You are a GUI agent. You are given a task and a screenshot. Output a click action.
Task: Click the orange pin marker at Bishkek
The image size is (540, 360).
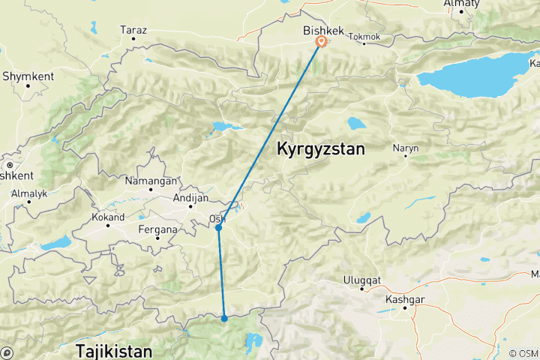point(321,42)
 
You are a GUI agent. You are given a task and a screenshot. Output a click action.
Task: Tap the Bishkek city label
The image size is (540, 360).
point(322,30)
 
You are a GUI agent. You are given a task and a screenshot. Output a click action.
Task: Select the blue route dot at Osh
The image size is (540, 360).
point(218,228)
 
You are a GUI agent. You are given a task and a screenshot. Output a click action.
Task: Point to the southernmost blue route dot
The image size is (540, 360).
point(224,319)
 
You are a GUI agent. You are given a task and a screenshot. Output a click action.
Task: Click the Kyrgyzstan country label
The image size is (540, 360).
point(321,149)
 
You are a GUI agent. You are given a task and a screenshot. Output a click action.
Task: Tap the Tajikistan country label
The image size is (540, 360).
point(113,350)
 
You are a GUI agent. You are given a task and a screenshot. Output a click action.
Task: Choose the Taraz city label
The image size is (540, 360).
point(133,31)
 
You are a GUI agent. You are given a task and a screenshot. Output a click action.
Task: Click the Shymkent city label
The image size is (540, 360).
point(27,76)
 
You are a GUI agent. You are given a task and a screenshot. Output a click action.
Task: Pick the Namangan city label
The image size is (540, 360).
point(153,181)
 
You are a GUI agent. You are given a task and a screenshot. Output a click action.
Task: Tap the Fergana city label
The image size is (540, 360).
point(158,229)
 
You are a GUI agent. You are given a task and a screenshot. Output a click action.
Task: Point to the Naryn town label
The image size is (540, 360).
point(406,148)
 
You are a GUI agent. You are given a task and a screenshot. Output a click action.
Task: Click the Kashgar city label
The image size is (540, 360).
point(406,298)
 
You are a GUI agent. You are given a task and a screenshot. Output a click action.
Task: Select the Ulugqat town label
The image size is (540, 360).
point(362,280)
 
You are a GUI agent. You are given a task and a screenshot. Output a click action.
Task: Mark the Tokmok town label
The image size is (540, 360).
point(365,37)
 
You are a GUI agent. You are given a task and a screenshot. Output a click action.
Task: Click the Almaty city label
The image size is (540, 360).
point(462,4)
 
